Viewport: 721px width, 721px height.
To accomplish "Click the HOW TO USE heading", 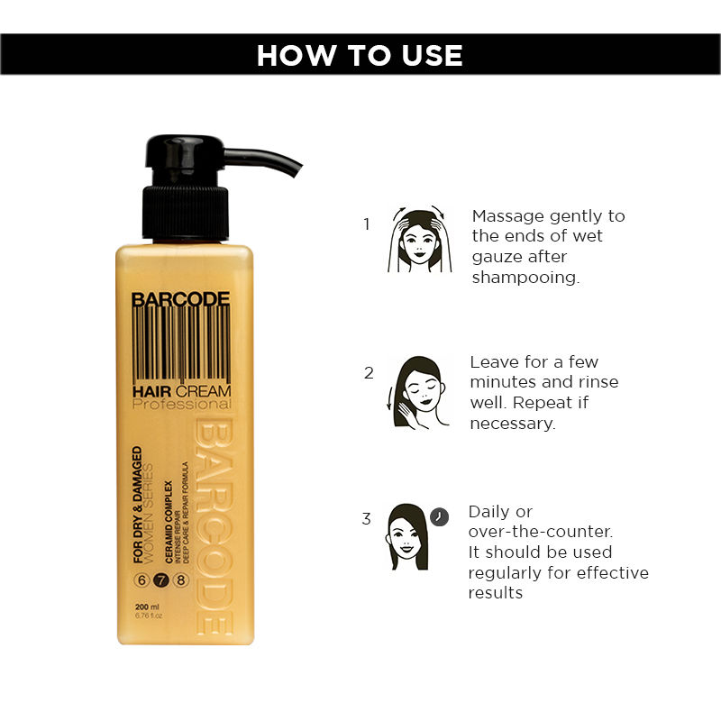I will point(360,55).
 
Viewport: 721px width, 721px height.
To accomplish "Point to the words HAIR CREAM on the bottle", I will point(181,390).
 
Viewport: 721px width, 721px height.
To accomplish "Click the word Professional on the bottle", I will point(181,405).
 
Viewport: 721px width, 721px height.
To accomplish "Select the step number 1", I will point(366,224).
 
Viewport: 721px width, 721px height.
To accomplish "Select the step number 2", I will point(368,372).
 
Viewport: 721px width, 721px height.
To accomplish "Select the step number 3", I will point(366,518).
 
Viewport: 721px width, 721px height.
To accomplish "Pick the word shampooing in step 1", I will point(525,278).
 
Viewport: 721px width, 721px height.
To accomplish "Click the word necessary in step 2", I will point(512,423).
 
